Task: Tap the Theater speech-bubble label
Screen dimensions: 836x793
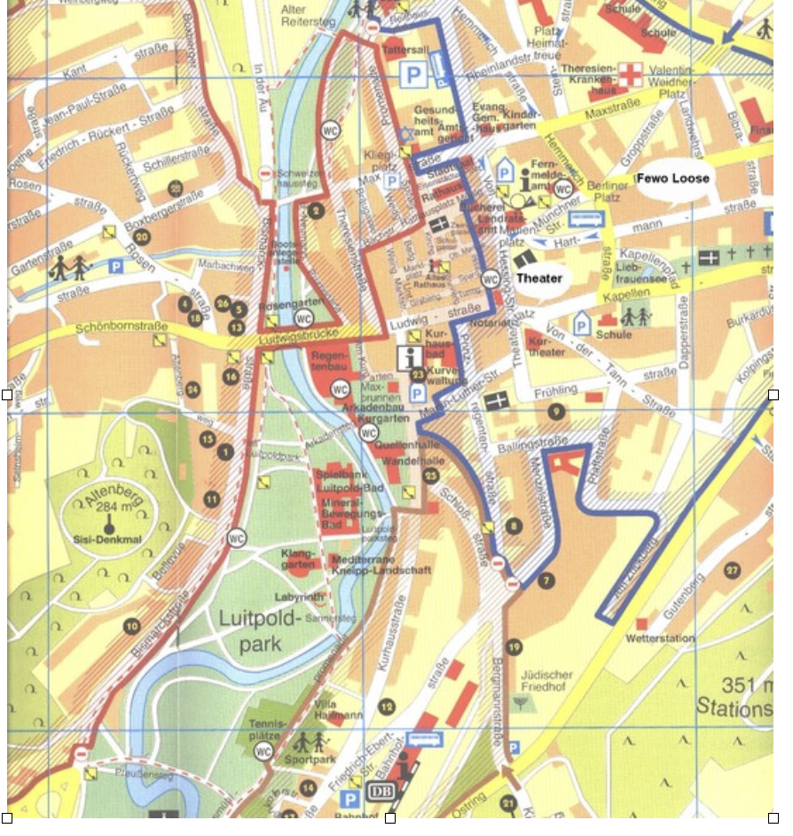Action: pos(539,278)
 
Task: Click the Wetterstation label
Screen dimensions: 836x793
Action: pos(660,638)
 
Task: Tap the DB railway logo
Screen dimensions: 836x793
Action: pos(377,792)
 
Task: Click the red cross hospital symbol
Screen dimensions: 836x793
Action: pos(630,76)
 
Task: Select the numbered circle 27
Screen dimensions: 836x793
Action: pos(732,570)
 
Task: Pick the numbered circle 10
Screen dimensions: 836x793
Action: pos(131,627)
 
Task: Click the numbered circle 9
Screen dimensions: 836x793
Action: pos(555,411)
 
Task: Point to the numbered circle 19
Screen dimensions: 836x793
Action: pos(514,647)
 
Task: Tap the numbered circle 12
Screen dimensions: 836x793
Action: pos(386,706)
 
